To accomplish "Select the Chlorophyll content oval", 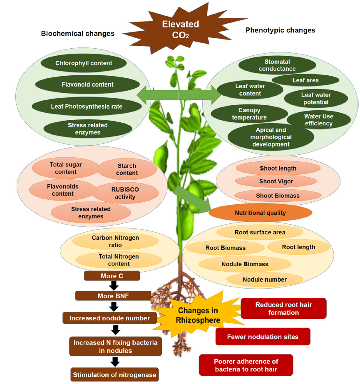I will tap(84, 63).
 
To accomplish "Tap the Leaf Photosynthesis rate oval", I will tap(87, 107).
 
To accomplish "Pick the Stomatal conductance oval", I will tap(277, 65).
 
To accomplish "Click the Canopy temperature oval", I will tap(249, 114).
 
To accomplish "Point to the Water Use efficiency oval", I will tap(318, 120).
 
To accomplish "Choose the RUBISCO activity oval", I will tap(125, 193).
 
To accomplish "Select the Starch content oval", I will tap(127, 169).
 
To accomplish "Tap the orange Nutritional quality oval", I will tap(261, 213).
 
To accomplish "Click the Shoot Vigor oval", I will tap(276, 181).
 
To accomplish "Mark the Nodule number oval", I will tap(265, 280).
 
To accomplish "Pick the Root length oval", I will tap(298, 247).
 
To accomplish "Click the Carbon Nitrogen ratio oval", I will tap(115, 241).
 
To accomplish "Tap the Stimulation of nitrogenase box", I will tap(114, 375).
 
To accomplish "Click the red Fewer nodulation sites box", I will tap(263, 337).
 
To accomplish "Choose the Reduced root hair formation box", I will tap(283, 308).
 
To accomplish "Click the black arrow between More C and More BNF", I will tap(113, 286).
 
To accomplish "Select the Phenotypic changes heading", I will tap(280, 30).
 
